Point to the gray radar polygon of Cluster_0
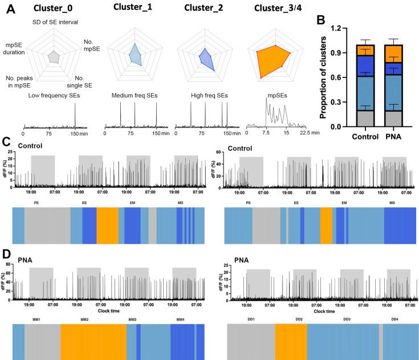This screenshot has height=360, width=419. click(54, 56)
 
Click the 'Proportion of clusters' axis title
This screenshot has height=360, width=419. click(323, 77)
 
